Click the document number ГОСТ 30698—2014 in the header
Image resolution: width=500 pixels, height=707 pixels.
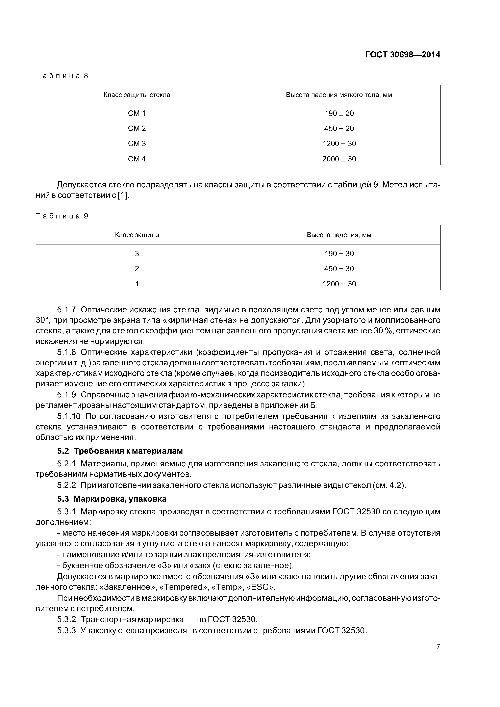coord(402,55)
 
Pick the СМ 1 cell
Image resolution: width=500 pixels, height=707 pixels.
coord(137,113)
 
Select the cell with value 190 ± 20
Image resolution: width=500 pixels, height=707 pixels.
coord(339,113)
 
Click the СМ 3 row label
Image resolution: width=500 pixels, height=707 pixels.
coord(137,143)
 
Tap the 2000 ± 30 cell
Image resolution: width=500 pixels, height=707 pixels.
coord(339,159)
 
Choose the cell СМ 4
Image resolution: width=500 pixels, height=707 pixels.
coord(137,159)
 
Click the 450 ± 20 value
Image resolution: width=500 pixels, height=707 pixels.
coord(339,128)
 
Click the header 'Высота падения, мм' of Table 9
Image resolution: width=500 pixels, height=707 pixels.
coord(339,235)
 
